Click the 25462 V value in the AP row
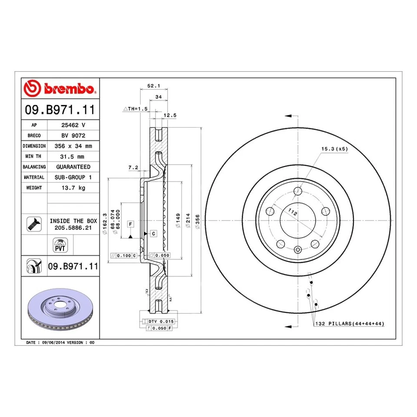(x=73, y=125)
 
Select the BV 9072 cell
(x=73, y=136)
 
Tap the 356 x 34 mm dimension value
(x=73, y=146)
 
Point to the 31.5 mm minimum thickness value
(x=73, y=156)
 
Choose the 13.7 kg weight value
(x=73, y=188)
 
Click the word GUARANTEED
(x=73, y=167)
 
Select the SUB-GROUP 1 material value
(x=73, y=177)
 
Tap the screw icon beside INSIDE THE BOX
(x=34, y=224)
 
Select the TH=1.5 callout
(x=136, y=109)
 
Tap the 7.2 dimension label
(x=133, y=167)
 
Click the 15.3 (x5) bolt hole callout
(x=334, y=149)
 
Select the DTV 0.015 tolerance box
(x=157, y=321)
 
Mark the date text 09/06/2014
(x=53, y=343)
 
